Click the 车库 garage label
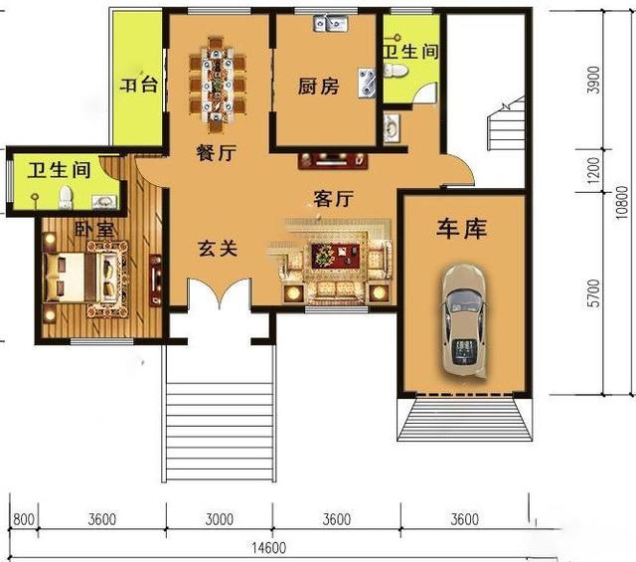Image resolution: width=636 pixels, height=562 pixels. click(462, 230)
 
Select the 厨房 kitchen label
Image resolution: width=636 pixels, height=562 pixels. click(318, 87)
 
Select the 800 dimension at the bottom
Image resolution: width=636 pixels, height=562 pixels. click(25, 519)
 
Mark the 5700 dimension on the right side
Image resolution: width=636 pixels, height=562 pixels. click(593, 291)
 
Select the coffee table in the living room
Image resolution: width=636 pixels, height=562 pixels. click(326, 256)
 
